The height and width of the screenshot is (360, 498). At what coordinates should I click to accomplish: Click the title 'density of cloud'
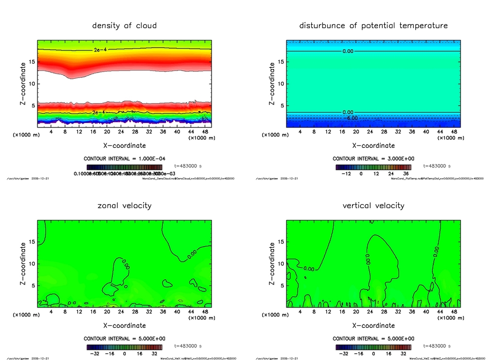click(x=124, y=25)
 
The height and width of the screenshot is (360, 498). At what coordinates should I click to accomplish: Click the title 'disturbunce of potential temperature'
click(x=373, y=25)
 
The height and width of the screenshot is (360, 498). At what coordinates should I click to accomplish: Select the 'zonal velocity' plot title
click(x=124, y=205)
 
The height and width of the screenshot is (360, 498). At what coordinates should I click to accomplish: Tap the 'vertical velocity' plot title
click(x=373, y=205)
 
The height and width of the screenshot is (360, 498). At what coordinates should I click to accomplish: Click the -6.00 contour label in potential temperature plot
click(x=351, y=118)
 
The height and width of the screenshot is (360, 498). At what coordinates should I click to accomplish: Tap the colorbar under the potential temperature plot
click(x=373, y=167)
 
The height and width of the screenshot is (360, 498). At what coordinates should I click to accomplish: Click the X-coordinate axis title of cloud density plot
click(x=124, y=145)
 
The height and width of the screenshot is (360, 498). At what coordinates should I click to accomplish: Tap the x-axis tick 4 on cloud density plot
click(x=51, y=131)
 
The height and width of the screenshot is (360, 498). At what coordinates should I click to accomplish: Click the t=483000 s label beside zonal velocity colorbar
click(x=190, y=346)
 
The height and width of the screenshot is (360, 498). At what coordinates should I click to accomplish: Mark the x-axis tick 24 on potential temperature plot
click(x=370, y=131)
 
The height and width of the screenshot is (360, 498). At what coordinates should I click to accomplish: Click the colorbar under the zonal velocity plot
click(x=124, y=347)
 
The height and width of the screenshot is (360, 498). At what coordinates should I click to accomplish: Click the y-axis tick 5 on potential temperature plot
click(x=282, y=106)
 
